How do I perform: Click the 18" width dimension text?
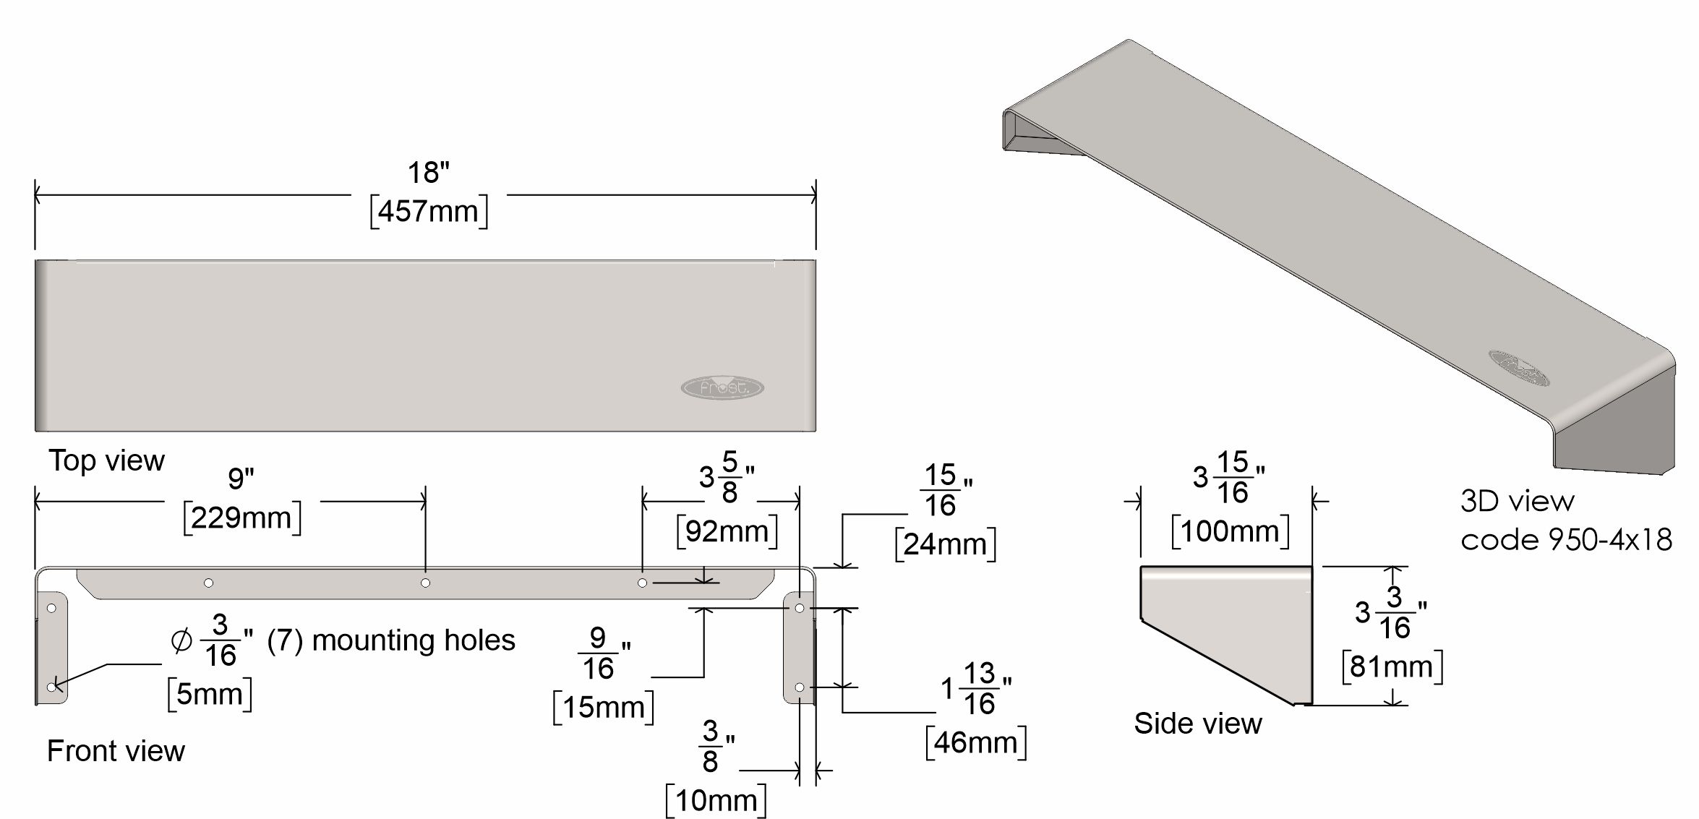point(428,172)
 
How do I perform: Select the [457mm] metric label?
point(429,212)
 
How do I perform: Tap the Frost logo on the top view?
point(722,387)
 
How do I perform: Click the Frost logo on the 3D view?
point(1518,368)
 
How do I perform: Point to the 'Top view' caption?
point(106,460)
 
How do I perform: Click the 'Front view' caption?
point(116,751)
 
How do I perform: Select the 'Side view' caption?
point(1198,724)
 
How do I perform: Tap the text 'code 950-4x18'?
point(1566,540)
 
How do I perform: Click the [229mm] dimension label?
point(242,518)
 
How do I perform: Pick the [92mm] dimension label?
point(727,532)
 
